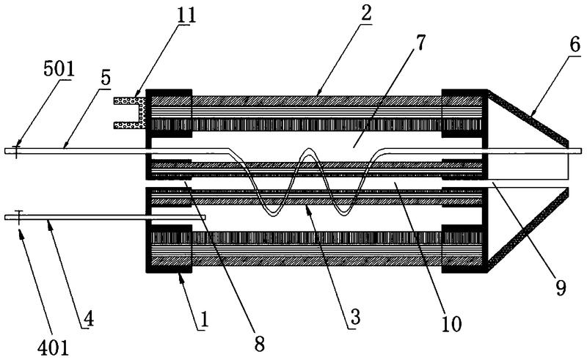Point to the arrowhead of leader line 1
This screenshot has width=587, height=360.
point(181,273)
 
